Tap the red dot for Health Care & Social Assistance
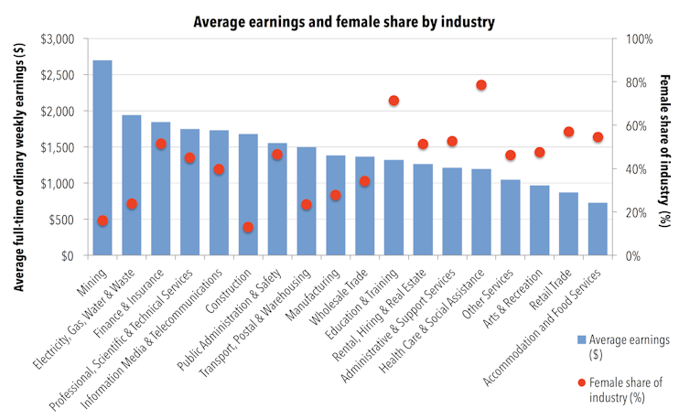click(480, 85)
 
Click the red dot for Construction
click(248, 227)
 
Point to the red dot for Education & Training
click(394, 101)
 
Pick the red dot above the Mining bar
click(102, 221)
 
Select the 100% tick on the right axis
click(636, 39)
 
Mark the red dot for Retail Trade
click(568, 132)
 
